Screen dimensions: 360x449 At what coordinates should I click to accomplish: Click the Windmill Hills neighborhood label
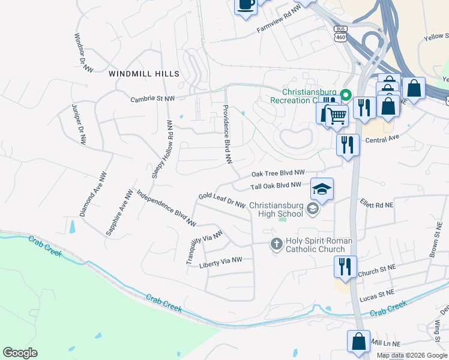click(144, 73)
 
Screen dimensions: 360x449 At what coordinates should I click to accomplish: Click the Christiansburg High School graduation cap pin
click(322, 190)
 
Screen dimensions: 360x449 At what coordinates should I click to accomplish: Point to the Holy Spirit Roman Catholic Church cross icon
click(276, 244)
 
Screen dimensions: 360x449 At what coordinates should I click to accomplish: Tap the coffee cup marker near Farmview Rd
click(246, 5)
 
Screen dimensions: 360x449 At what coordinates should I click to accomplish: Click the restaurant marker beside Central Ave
click(348, 145)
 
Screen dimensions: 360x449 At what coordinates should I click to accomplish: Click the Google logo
click(20, 353)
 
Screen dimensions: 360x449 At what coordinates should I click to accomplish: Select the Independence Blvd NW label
click(166, 208)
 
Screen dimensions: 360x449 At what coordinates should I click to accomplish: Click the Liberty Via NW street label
click(220, 262)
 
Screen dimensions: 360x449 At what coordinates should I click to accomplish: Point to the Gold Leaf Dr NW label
click(222, 200)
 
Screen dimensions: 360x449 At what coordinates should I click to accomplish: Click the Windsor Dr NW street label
click(85, 53)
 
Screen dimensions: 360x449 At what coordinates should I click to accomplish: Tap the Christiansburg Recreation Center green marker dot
click(346, 95)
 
